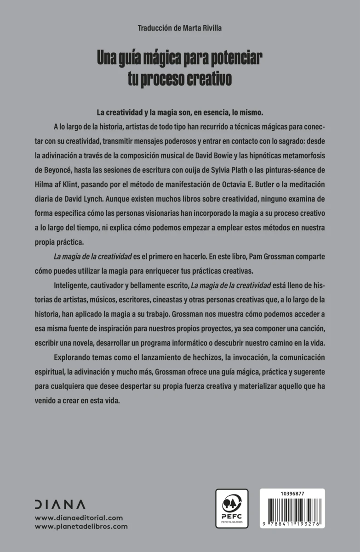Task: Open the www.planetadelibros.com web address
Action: pos(81,527)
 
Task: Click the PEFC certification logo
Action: pos(232,509)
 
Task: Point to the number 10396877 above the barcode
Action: pos(292,493)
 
